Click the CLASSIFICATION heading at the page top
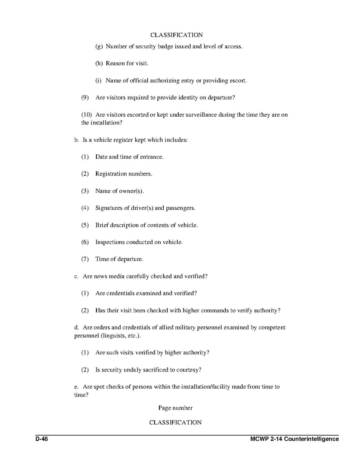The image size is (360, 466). [177, 35]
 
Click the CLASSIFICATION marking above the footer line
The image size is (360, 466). [175, 422]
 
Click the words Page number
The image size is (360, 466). [175, 408]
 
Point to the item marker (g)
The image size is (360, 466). [99, 46]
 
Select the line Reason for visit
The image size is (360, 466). [127, 63]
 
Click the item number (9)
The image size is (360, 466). [85, 98]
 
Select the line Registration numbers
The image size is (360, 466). [124, 174]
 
